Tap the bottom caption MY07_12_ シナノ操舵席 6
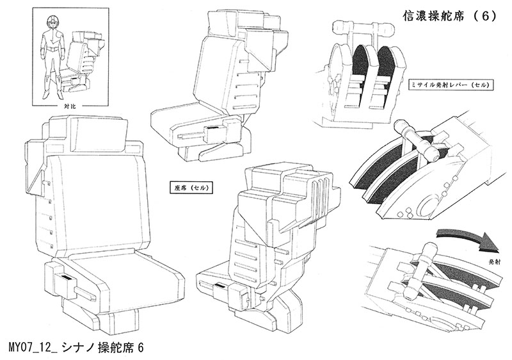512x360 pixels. coord(77,347)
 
